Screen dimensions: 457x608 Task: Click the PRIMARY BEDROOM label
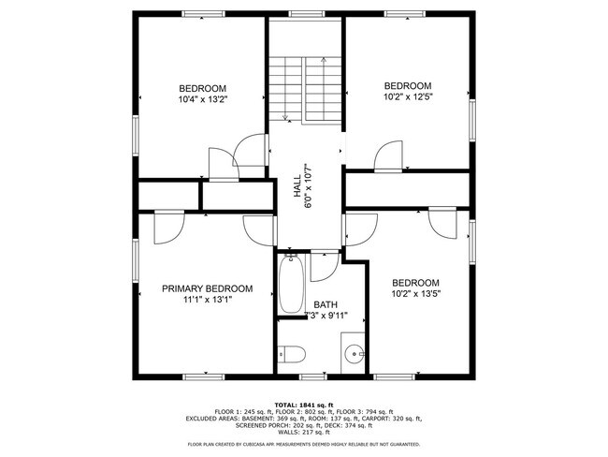point(207,288)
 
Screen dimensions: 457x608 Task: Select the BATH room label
point(326,304)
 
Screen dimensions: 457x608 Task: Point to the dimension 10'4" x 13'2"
point(203,98)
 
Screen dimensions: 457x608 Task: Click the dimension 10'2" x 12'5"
point(408,95)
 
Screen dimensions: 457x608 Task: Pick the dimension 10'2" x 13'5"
point(415,294)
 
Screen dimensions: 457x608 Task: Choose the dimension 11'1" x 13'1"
point(207,300)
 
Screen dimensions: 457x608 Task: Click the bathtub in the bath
point(290,285)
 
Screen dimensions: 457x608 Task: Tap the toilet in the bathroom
point(289,354)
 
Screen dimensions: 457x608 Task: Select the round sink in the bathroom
point(354,354)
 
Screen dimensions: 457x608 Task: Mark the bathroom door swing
point(324,266)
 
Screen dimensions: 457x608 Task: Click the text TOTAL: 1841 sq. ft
point(303,403)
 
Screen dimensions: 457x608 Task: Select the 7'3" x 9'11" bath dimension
point(326,316)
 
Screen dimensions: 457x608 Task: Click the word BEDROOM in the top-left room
point(203,88)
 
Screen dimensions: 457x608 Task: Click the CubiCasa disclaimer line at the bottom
point(303,444)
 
